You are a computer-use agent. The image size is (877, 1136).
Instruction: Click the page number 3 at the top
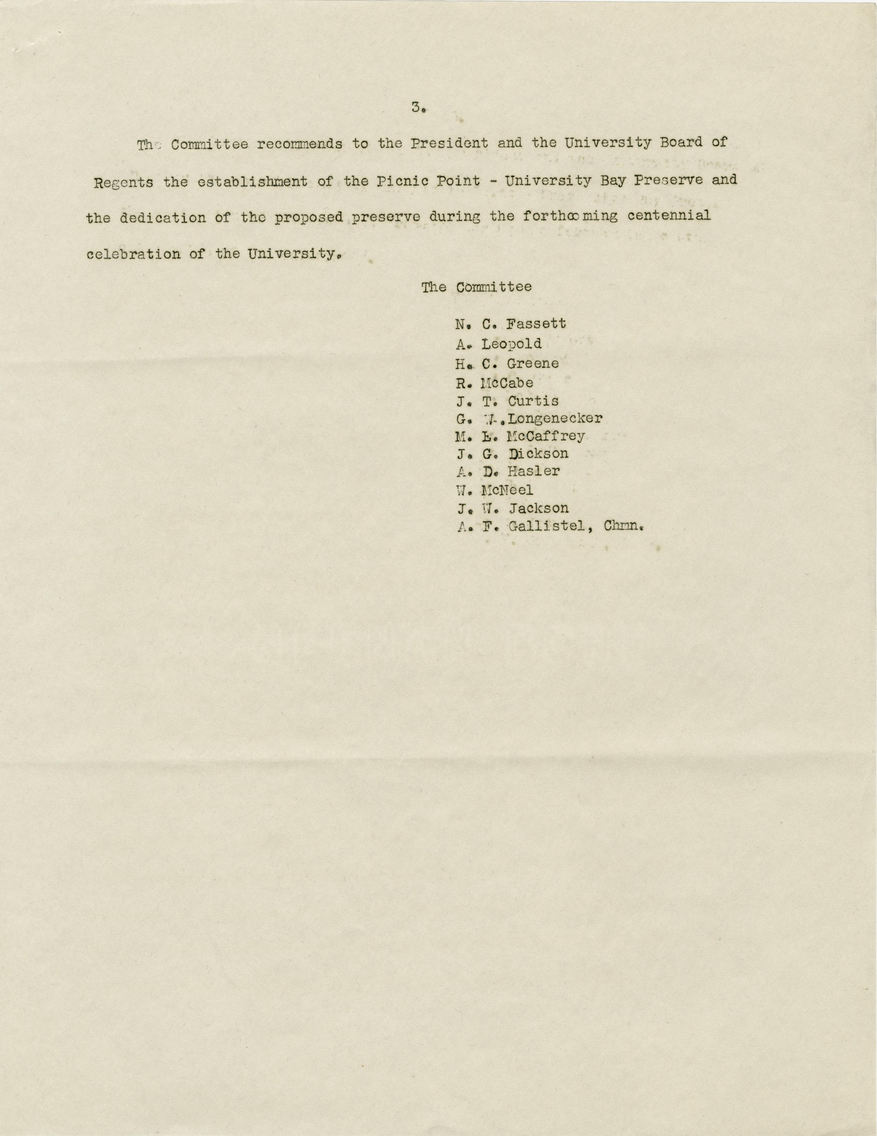(x=416, y=108)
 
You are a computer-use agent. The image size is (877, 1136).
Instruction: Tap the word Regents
(x=124, y=182)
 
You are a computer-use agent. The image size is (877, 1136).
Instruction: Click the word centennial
(x=668, y=216)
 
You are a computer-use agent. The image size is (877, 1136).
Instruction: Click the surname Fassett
(x=536, y=324)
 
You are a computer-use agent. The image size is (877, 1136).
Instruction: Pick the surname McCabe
(x=507, y=383)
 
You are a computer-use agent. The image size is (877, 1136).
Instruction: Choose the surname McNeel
(x=507, y=490)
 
